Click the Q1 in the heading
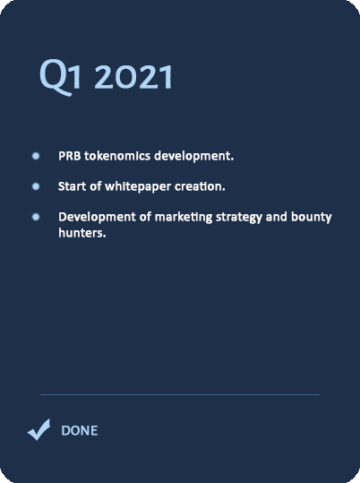[60, 77]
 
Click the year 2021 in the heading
[133, 77]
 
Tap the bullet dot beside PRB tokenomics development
[36, 156]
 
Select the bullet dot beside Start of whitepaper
[36, 186]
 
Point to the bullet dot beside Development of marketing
[36, 217]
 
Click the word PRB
[70, 156]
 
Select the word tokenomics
[117, 156]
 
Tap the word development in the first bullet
[194, 156]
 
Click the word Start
[72, 186]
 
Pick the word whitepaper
[138, 187]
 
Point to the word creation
[200, 186]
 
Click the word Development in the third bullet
[97, 218]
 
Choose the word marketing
[184, 218]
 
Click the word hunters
[82, 233]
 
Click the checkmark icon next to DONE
[39, 429]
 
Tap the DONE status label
[80, 430]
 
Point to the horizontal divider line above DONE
[180, 394]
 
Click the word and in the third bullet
[277, 217]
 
